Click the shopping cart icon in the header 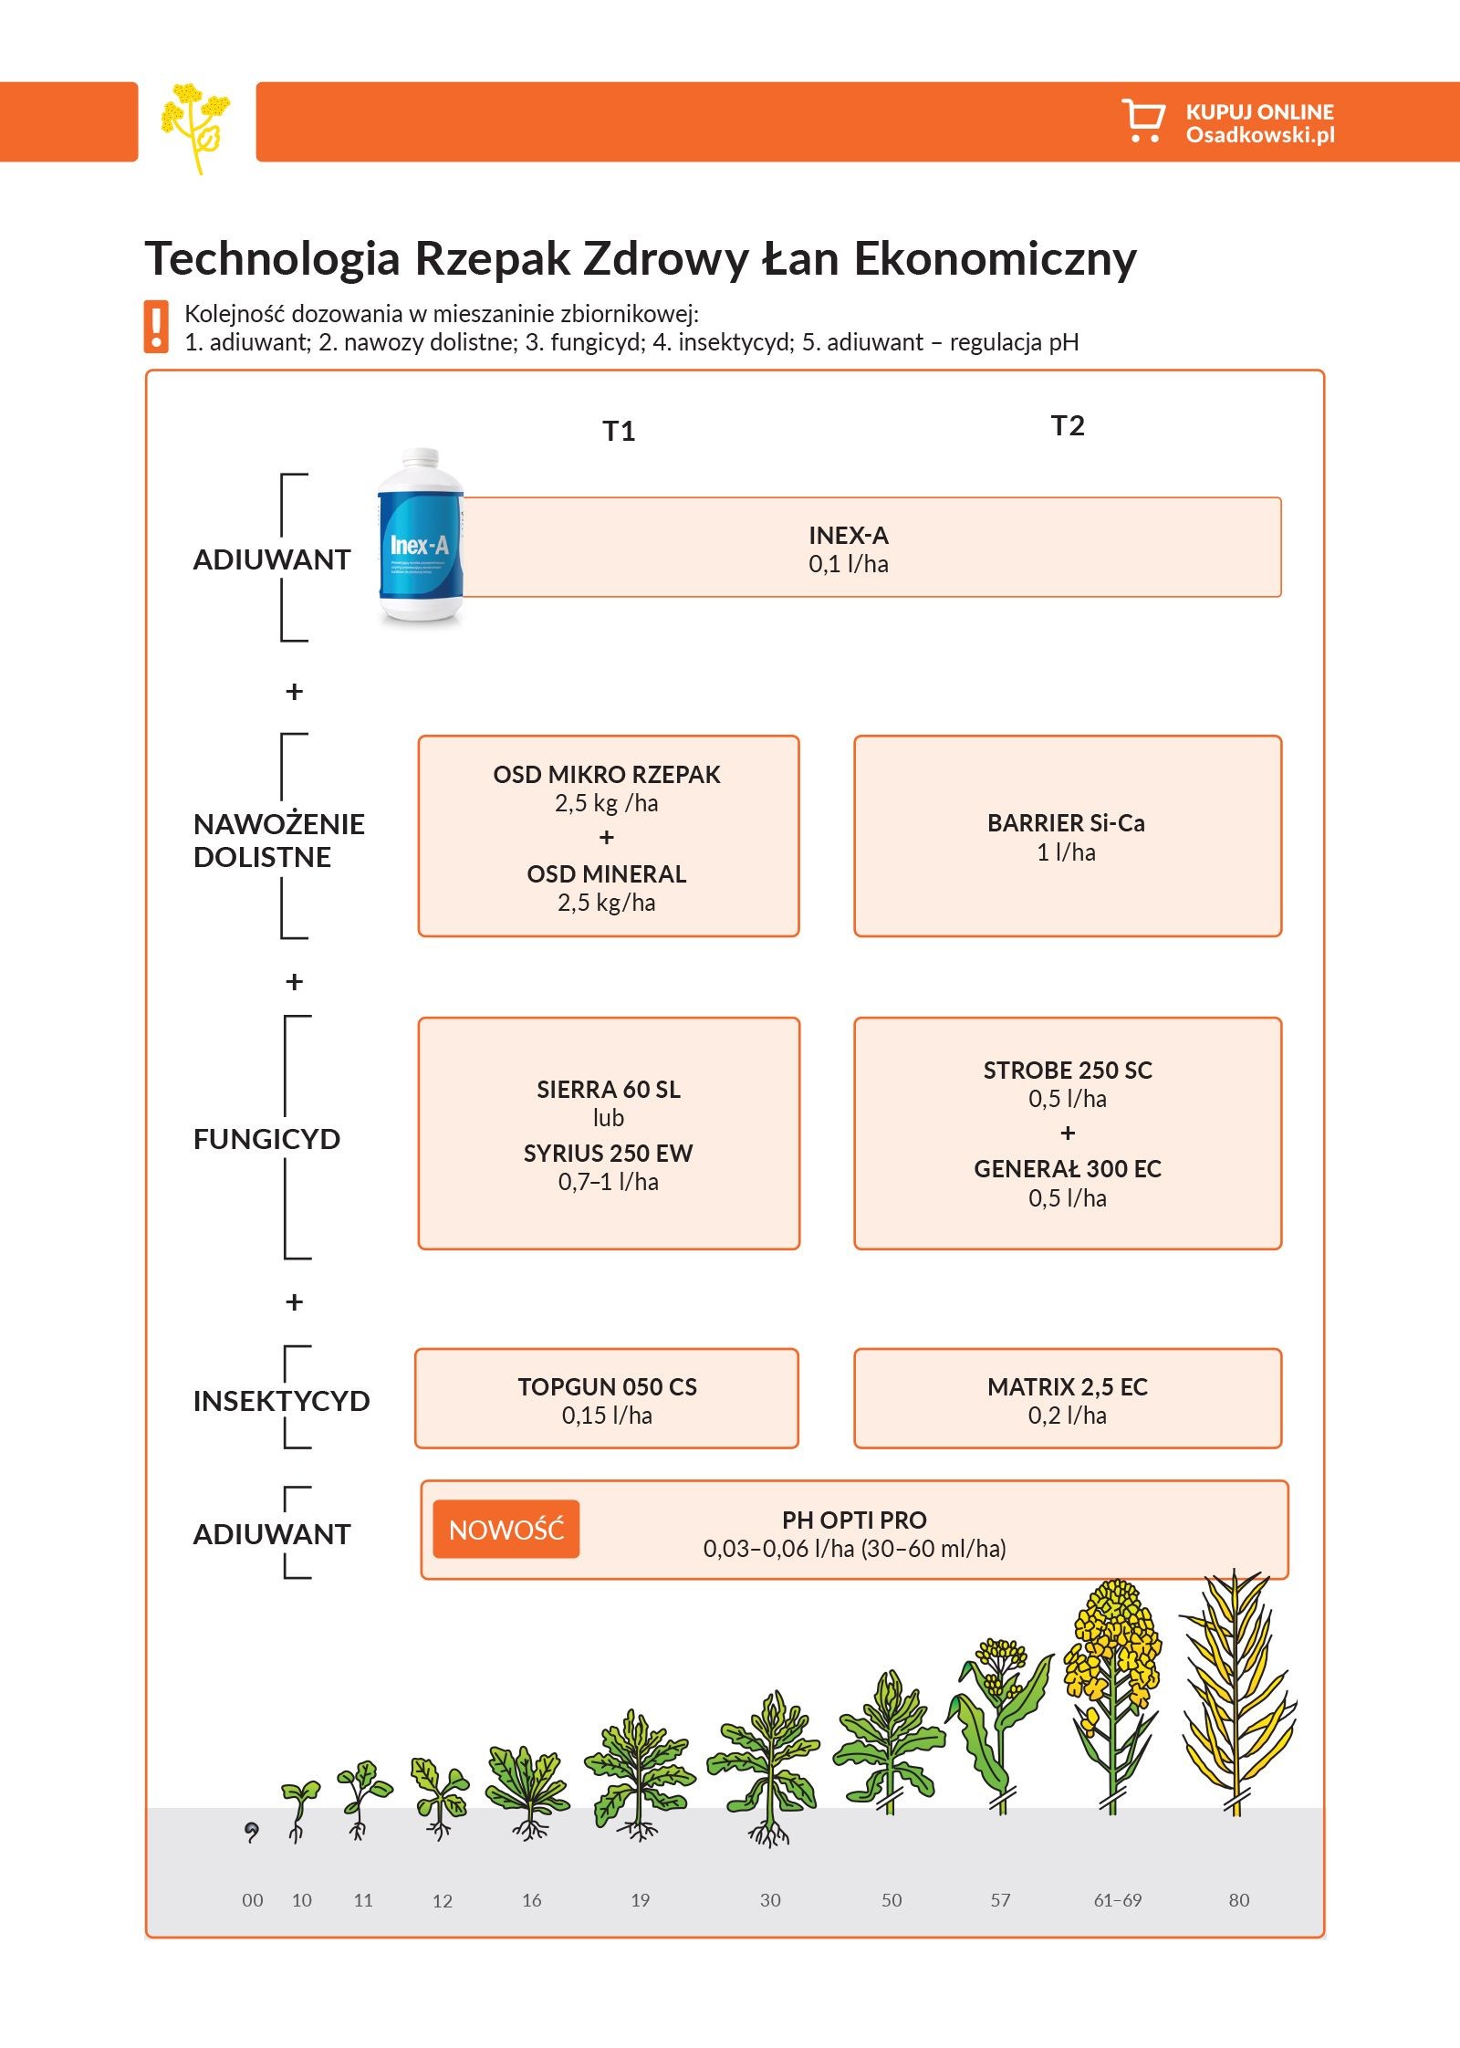(x=1142, y=120)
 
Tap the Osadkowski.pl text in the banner (x=1259, y=135)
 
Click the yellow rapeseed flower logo (x=195, y=124)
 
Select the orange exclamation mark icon (x=156, y=327)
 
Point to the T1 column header (x=619, y=431)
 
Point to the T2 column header (x=1068, y=425)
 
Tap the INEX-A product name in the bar (x=848, y=535)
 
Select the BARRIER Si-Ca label (x=1066, y=823)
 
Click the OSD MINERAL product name (x=607, y=874)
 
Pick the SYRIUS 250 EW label (x=608, y=1154)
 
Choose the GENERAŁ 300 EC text (x=1068, y=1169)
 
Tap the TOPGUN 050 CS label (x=607, y=1387)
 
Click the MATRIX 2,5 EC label (x=1068, y=1387)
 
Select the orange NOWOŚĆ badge (x=506, y=1529)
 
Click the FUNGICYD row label (x=266, y=1139)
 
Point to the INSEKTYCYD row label (x=281, y=1401)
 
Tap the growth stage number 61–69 (x=1118, y=1900)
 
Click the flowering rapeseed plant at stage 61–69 (x=1114, y=1688)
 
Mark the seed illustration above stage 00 (x=252, y=1830)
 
